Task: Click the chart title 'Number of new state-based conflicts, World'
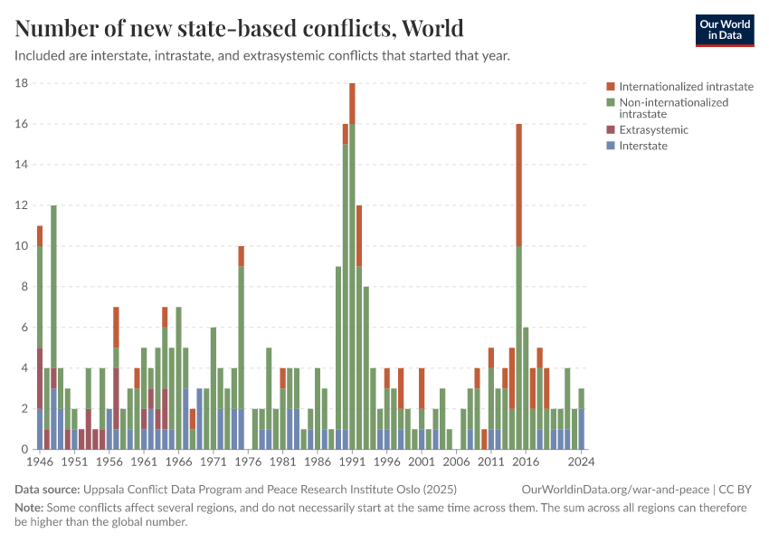[240, 28]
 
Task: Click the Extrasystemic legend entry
[653, 129]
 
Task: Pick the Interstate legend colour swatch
[611, 146]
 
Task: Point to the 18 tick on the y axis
[22, 83]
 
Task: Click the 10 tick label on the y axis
[22, 246]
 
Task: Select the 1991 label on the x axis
[352, 462]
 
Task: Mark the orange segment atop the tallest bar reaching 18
[352, 103]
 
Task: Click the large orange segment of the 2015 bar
[518, 185]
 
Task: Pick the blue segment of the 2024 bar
[581, 429]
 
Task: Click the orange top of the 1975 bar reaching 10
[241, 256]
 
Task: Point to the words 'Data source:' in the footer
[47, 490]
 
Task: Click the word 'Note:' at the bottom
[30, 508]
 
